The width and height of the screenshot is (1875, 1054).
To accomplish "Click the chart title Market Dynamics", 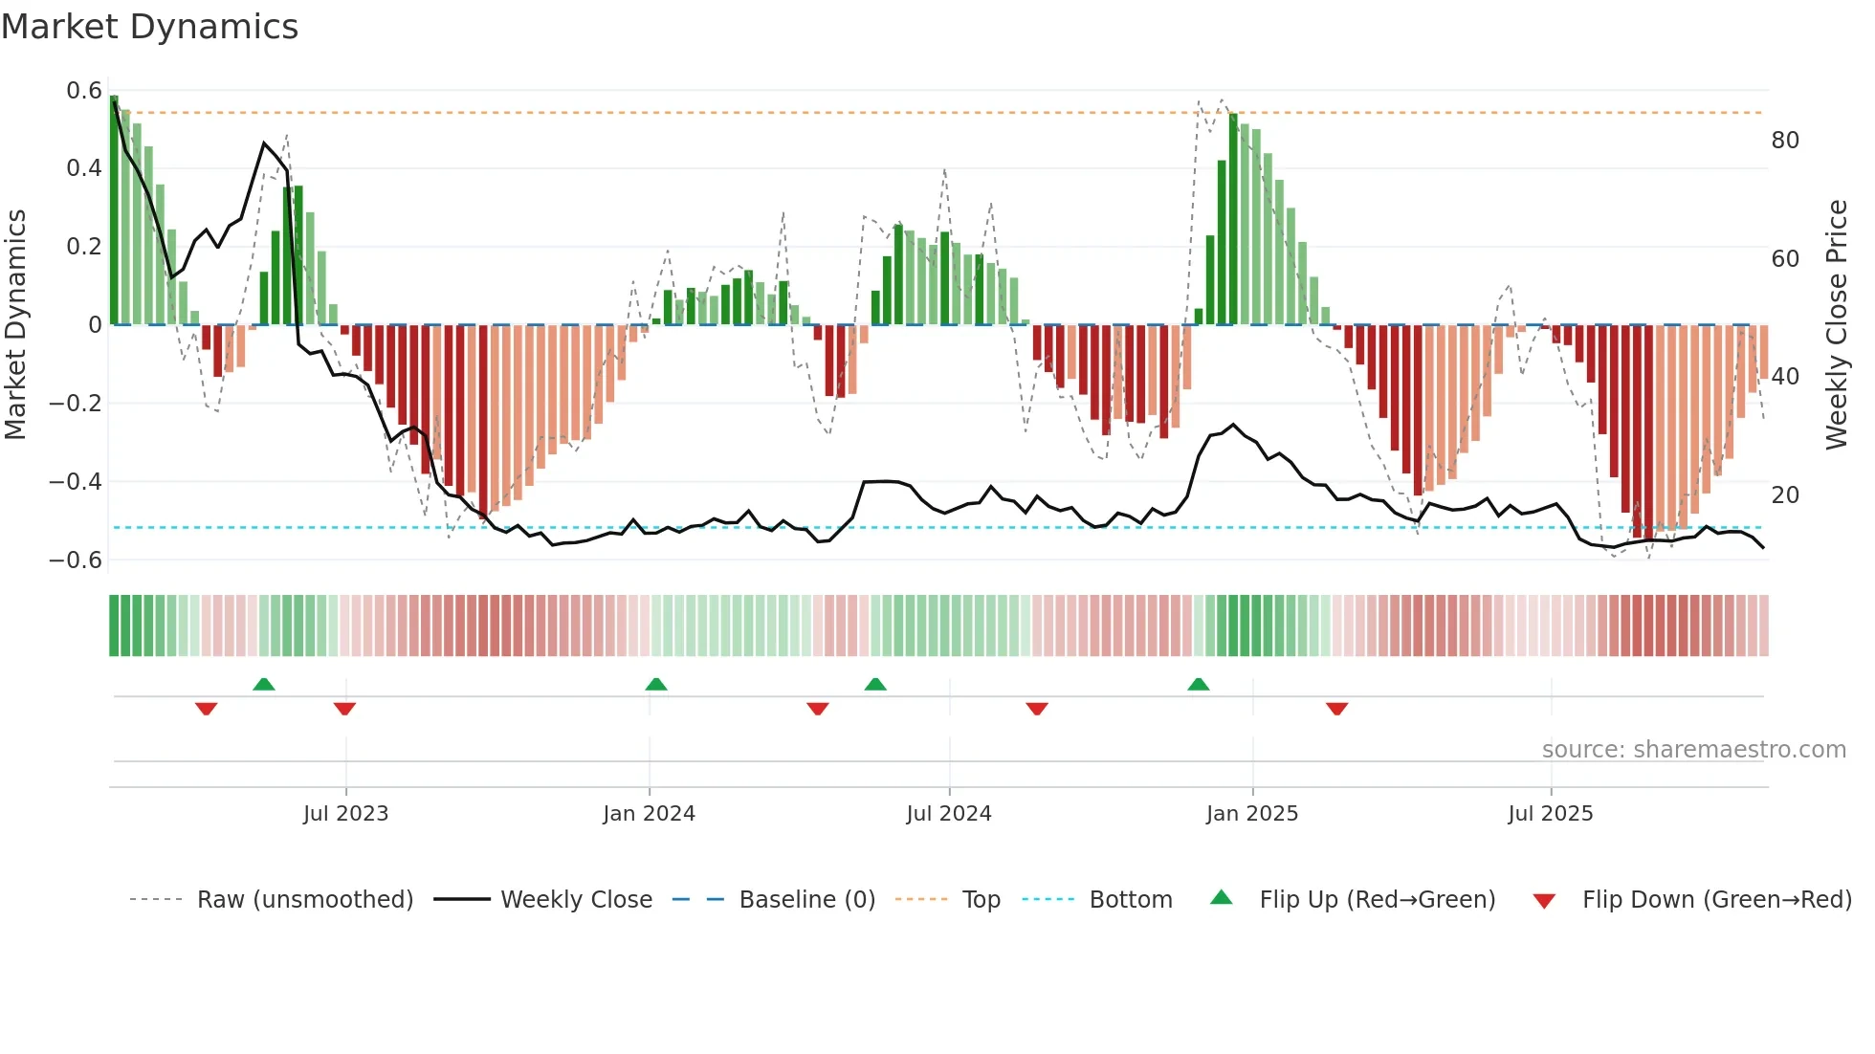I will (149, 27).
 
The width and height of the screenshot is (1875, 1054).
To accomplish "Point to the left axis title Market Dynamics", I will (16, 324).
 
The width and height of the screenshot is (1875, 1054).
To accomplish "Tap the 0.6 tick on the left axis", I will (84, 91).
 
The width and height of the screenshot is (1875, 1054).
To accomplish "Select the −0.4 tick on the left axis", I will (76, 481).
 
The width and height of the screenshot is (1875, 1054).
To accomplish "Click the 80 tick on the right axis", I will (1785, 141).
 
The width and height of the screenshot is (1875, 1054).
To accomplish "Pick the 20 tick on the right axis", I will (1785, 495).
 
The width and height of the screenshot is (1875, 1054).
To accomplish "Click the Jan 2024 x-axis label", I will (649, 814).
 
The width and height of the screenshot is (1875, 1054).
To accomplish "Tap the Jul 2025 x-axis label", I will (1550, 814).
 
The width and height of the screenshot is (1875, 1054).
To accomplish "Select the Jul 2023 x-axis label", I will (345, 814).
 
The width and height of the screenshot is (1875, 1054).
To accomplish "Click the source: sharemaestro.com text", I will (1693, 750).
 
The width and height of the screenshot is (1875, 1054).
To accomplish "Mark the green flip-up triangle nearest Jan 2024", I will (656, 684).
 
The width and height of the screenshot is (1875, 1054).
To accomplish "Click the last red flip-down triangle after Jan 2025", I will (1336, 709).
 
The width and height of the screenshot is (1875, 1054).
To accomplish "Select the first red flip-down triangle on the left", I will (206, 709).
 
